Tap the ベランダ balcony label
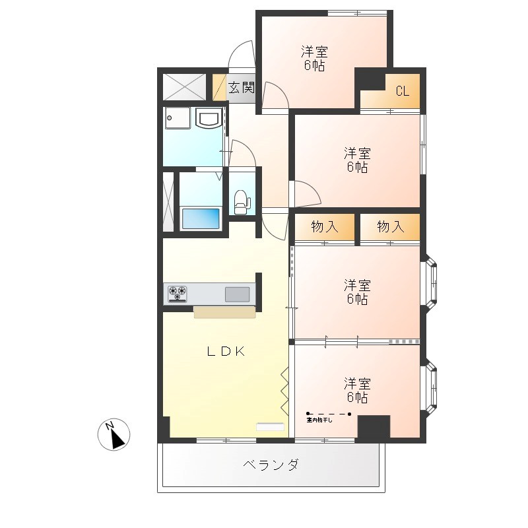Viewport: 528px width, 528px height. pos(271,465)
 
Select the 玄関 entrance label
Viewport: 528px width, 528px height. pos(241,88)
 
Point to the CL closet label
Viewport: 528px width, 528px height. pos(402,92)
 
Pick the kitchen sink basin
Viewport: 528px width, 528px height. pos(238,294)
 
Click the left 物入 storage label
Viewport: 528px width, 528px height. pos(324,227)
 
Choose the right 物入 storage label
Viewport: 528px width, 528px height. pos(390,227)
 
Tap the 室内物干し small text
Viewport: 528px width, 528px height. pos(319,420)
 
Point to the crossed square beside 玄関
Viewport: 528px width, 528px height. pos(185,86)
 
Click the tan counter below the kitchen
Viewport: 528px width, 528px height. pos(224,312)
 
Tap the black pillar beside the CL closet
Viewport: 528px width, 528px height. pos(370,79)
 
